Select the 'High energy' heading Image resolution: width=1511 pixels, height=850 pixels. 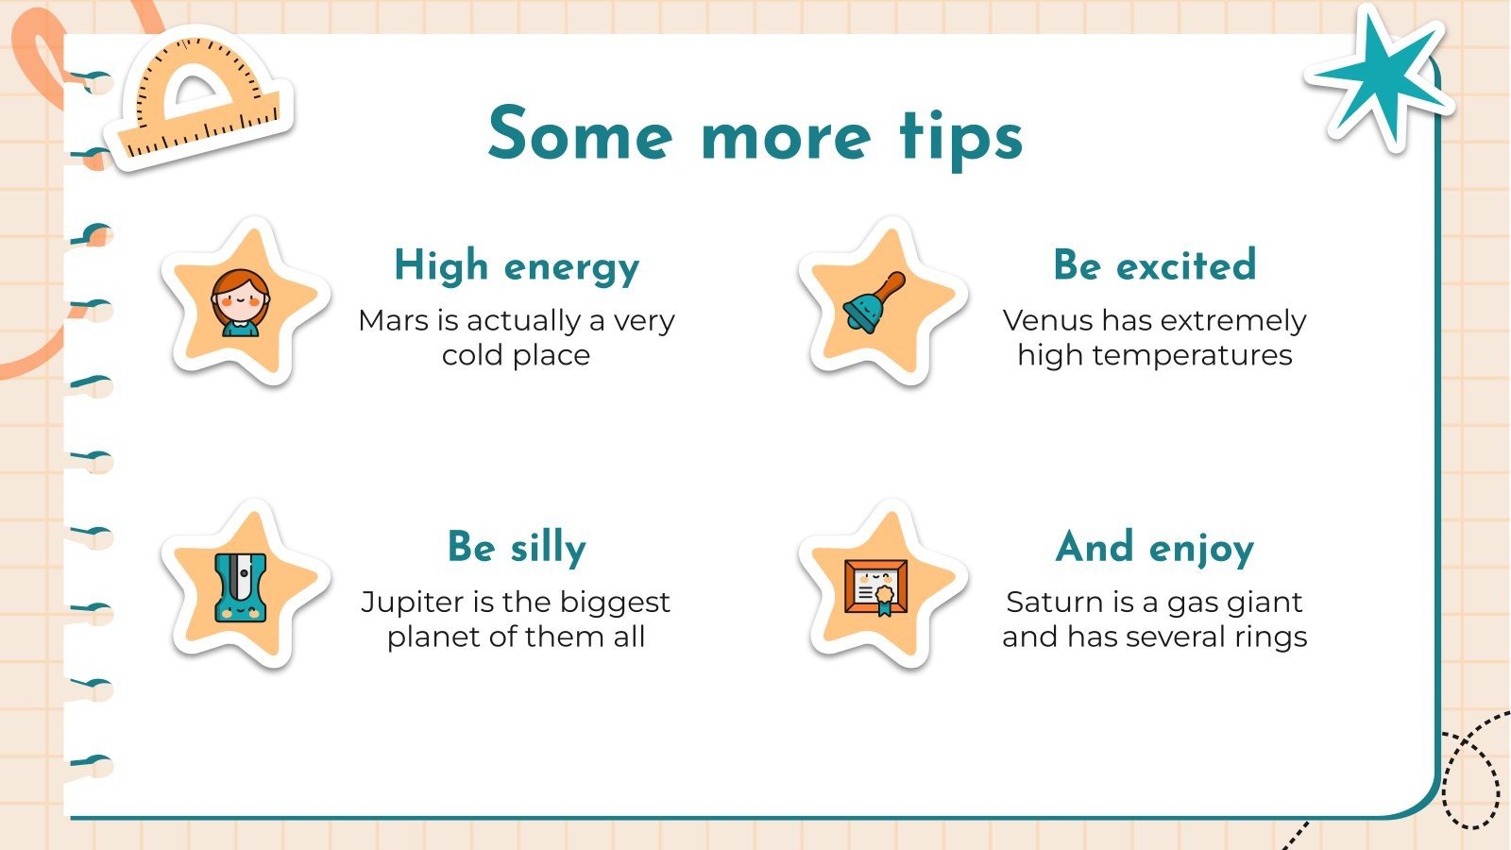click(517, 266)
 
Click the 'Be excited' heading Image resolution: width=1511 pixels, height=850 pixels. click(1154, 265)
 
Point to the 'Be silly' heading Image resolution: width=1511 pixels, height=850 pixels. click(517, 548)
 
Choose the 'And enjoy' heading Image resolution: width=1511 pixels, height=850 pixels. click(1154, 548)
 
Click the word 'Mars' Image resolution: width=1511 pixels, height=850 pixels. click(394, 321)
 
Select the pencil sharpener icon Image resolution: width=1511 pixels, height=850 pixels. click(240, 586)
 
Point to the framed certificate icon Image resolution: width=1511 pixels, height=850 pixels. click(875, 586)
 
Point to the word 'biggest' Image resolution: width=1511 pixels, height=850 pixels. click(612, 603)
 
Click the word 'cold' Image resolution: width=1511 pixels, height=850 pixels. click(472, 356)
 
